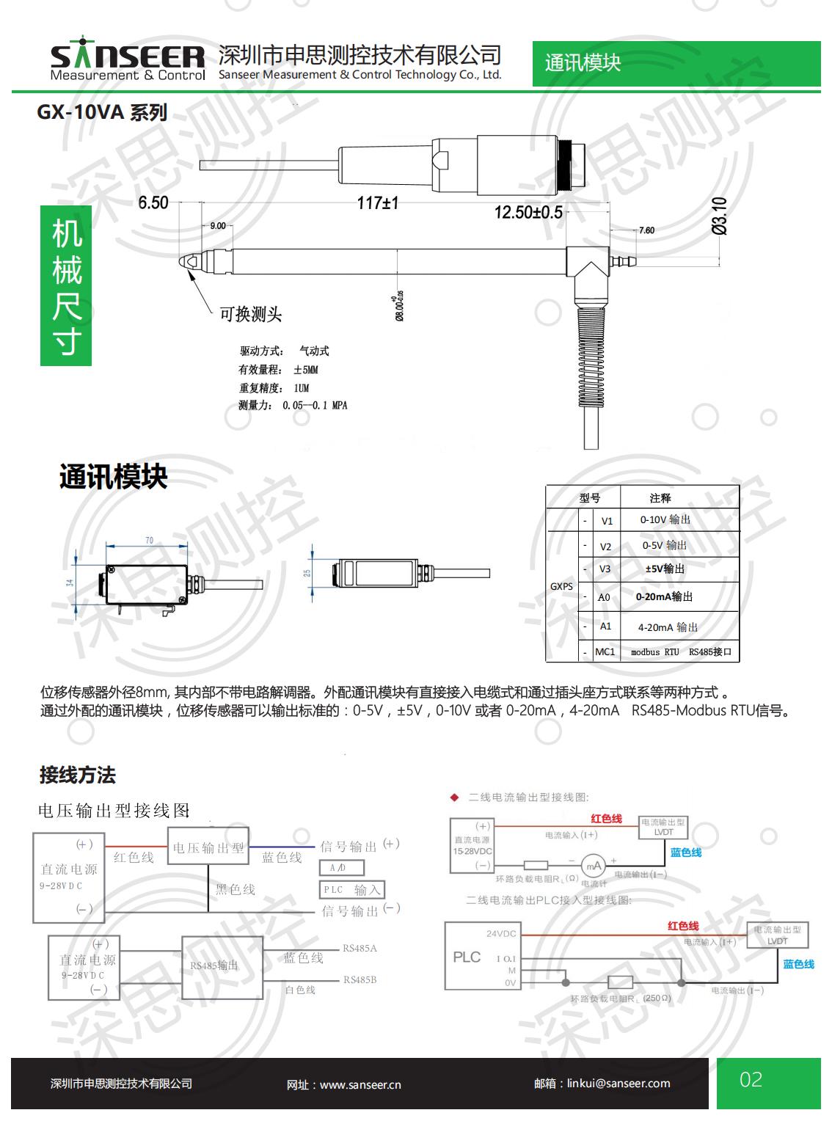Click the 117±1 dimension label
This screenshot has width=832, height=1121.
pos(377,203)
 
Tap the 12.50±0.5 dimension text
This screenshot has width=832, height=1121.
pos(528,213)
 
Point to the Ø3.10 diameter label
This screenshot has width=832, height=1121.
pos(720,216)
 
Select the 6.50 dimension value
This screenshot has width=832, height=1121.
pos(153,202)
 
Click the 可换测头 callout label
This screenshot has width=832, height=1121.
pos(251,315)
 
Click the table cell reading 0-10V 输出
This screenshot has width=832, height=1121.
pos(665,519)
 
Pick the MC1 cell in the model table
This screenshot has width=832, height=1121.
pos(605,651)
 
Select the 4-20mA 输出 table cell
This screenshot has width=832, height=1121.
pos(668,627)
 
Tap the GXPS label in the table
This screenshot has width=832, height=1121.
pos(561,586)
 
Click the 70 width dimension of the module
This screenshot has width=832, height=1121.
pos(149,541)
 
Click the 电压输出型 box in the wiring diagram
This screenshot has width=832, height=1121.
pos(208,848)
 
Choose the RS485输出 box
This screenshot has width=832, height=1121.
pos(214,965)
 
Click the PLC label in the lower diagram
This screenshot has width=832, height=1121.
pos(467,957)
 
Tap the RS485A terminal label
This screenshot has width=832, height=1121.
pos(360,948)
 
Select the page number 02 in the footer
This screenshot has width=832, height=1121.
pos(751,1080)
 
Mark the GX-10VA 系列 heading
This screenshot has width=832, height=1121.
pos(102,112)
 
